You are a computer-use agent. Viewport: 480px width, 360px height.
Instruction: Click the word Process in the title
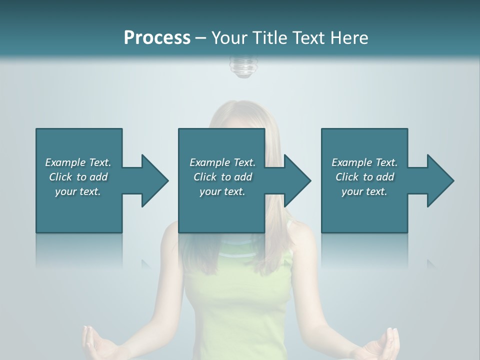157,38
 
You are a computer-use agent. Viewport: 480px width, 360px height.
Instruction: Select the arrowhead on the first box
154,180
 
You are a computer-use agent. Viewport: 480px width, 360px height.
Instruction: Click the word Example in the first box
65,162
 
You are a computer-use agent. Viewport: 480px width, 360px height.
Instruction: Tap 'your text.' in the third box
364,191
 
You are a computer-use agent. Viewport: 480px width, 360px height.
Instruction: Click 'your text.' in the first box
78,191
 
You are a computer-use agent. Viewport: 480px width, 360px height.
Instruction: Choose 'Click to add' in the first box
78,177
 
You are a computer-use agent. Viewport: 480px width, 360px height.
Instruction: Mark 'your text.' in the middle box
222,191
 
